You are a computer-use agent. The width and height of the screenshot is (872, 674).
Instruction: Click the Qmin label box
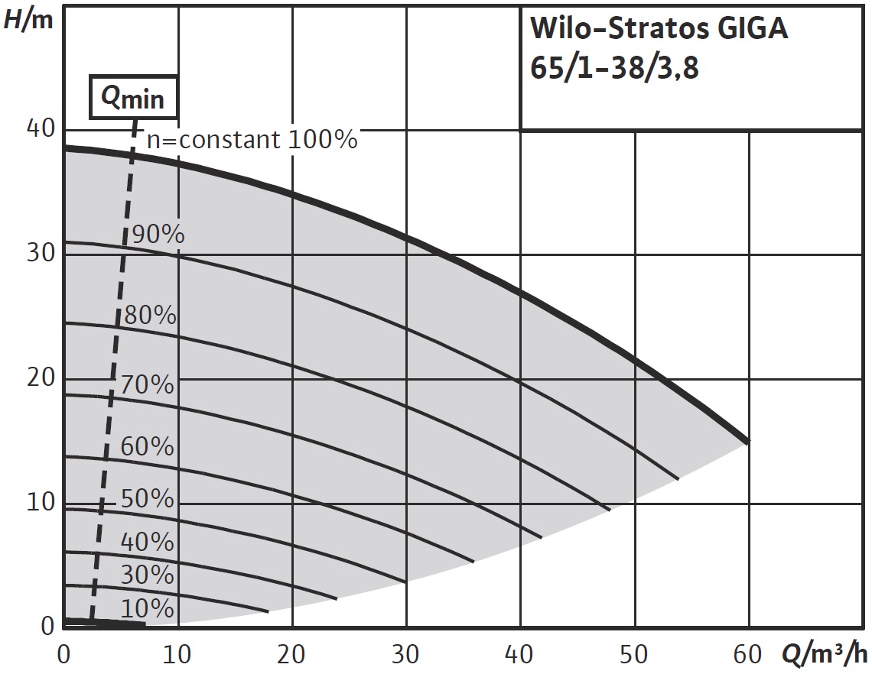pyautogui.click(x=134, y=97)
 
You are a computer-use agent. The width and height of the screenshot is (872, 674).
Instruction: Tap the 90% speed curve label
pyautogui.click(x=158, y=235)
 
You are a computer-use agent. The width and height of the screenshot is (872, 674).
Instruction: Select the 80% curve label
pyautogui.click(x=150, y=315)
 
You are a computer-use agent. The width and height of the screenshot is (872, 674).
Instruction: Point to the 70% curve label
pyautogui.click(x=148, y=384)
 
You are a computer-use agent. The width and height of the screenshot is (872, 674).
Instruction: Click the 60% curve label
pyautogui.click(x=148, y=446)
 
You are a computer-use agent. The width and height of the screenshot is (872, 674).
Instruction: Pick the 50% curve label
pyautogui.click(x=148, y=498)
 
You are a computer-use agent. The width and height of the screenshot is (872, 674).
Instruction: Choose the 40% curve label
pyautogui.click(x=148, y=542)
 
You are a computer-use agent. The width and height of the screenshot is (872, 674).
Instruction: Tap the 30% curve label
pyautogui.click(x=148, y=575)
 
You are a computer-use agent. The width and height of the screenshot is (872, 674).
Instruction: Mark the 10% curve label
pyautogui.click(x=148, y=608)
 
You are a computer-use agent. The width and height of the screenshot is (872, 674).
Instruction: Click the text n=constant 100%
pyautogui.click(x=252, y=140)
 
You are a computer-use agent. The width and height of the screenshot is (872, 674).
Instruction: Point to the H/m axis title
pyautogui.click(x=28, y=19)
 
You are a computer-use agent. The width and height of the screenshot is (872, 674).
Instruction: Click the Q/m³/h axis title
pyautogui.click(x=825, y=654)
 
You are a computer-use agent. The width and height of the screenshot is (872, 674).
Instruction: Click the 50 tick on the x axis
pyautogui.click(x=635, y=654)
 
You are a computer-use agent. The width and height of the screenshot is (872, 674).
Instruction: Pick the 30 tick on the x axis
pyautogui.click(x=406, y=654)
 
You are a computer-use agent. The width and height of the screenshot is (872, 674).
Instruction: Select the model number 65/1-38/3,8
pyautogui.click(x=615, y=69)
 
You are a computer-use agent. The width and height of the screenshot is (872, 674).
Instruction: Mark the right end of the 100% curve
pyautogui.click(x=748, y=441)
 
